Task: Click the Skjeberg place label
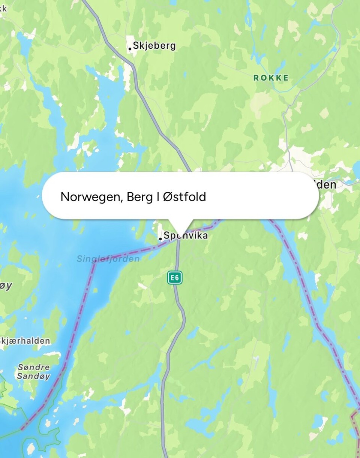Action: pyautogui.click(x=154, y=46)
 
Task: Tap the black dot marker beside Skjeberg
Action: pyautogui.click(x=130, y=49)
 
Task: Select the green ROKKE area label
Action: pyautogui.click(x=271, y=78)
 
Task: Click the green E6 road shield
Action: pyautogui.click(x=175, y=278)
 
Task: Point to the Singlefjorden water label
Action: pyautogui.click(x=108, y=259)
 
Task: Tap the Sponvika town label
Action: pyautogui.click(x=186, y=236)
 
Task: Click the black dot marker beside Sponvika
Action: pyautogui.click(x=160, y=239)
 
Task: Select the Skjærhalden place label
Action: pyautogui.click(x=25, y=341)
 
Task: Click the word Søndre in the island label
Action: pyautogui.click(x=33, y=367)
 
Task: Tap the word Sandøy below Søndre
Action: pyautogui.click(x=33, y=376)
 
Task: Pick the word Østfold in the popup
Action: pyautogui.click(x=184, y=197)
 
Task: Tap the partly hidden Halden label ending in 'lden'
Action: pyautogui.click(x=326, y=184)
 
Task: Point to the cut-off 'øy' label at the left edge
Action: pyautogui.click(x=5, y=286)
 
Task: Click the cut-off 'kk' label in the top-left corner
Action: pyautogui.click(x=3, y=8)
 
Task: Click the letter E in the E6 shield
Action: pyautogui.click(x=172, y=278)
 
